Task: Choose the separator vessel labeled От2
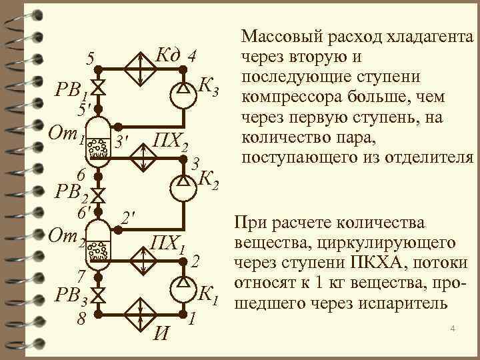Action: click(99, 244)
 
